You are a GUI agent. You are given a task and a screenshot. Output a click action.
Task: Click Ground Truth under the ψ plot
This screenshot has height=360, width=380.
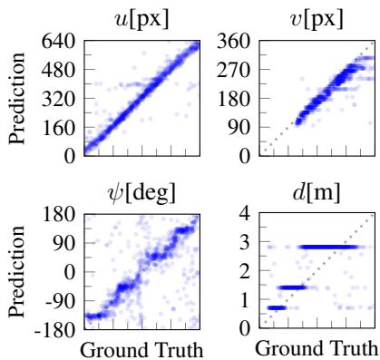pos(141,348)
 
